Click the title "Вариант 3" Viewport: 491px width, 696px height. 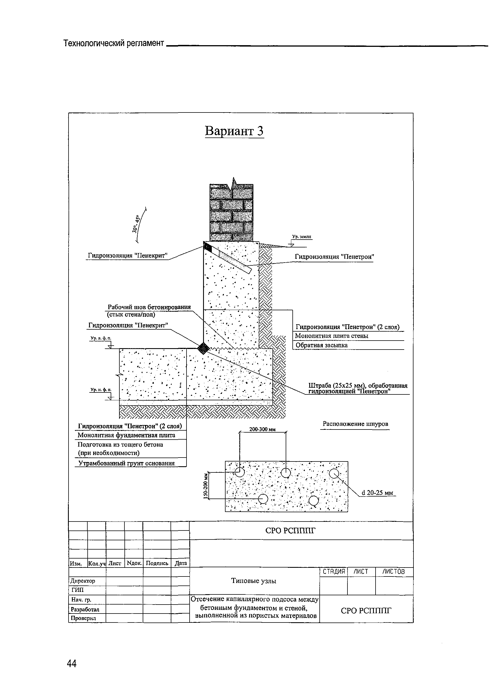coord(234,131)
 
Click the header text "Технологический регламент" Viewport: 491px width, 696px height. coord(114,43)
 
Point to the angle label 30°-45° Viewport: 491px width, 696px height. coord(136,224)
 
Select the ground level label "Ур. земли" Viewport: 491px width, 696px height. coord(302,236)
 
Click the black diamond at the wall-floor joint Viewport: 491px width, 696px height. coord(203,348)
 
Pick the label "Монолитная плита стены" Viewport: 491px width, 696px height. coord(331,336)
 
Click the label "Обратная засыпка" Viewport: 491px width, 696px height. coord(321,345)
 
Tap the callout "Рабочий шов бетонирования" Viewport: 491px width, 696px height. coord(149,307)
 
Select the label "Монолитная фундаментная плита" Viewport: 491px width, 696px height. coord(126,435)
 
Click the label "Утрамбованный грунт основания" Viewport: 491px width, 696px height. coord(127,463)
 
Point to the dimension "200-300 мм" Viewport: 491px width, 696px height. coord(262,429)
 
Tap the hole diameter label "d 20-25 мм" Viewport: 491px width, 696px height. coord(377,493)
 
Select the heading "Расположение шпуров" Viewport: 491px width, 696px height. coord(355,424)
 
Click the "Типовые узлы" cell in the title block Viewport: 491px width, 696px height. coord(254,581)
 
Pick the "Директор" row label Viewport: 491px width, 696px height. coord(83,581)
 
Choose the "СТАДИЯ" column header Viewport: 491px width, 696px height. coord(333,572)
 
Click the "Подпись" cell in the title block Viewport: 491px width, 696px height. coord(157,563)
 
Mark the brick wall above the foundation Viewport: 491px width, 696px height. coord(231,212)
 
